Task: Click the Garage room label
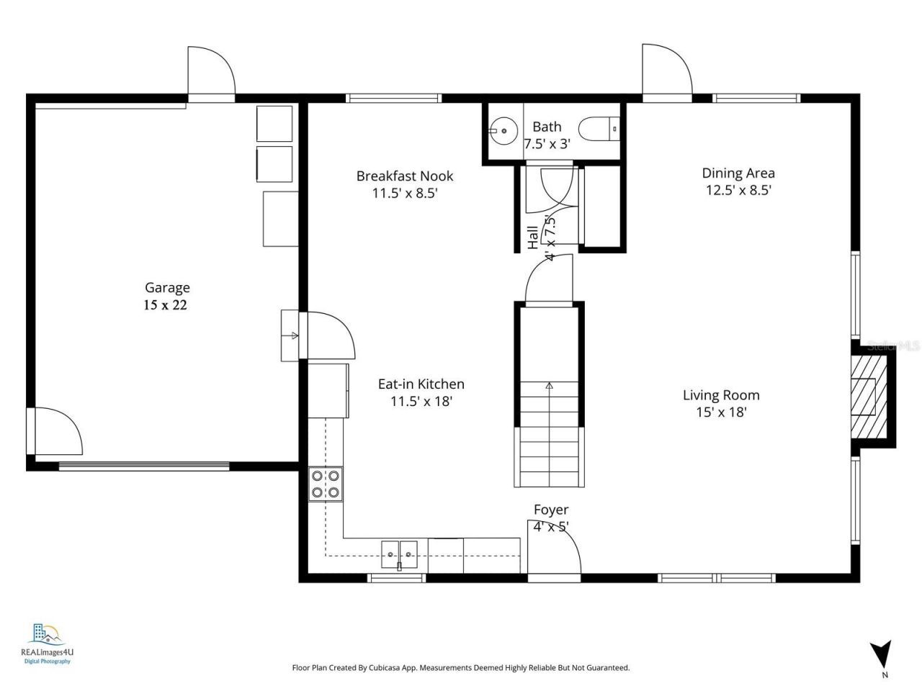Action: [167, 287]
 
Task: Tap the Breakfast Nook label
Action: [405, 176]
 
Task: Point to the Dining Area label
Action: [738, 173]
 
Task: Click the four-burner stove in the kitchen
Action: [326, 484]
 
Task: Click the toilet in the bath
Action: [599, 129]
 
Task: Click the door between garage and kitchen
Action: [330, 335]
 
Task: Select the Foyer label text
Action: [551, 510]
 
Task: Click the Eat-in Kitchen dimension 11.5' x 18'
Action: [421, 402]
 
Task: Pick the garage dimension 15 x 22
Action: [165, 305]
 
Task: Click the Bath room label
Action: [547, 127]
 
